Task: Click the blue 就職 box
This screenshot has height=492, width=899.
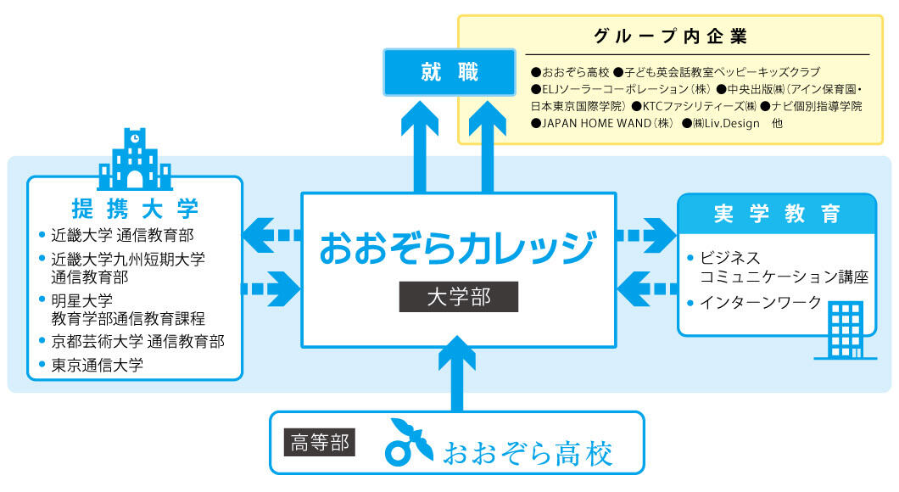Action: point(449,72)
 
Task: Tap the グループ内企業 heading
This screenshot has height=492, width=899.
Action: point(670,36)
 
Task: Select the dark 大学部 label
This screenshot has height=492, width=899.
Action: point(459,297)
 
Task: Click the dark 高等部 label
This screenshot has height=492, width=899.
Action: point(320,443)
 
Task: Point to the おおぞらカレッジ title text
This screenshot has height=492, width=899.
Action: point(458,249)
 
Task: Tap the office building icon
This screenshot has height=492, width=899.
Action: point(846,330)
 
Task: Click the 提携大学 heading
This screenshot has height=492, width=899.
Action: point(136,209)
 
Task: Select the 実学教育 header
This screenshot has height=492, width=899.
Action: point(777,214)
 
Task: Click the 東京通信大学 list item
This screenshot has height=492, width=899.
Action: point(97,365)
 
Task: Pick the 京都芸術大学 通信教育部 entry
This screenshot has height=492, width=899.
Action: point(137,341)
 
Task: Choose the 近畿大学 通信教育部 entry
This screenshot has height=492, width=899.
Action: point(122,234)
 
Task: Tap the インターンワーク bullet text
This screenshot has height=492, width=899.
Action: point(761,302)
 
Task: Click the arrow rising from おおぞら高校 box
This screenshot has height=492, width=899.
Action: point(457,374)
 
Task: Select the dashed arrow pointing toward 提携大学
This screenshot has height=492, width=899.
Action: point(271,235)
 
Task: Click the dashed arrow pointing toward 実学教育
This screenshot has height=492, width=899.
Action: point(646,235)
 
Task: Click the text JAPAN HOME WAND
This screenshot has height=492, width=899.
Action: point(596,123)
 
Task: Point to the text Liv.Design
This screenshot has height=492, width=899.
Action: point(732,123)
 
